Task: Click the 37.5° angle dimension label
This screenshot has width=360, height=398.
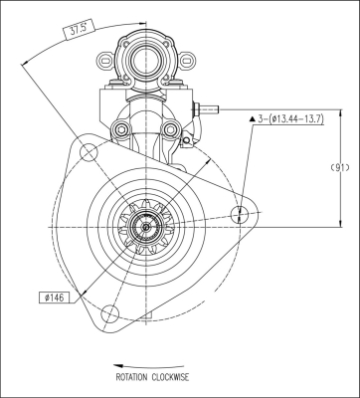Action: tap(79, 30)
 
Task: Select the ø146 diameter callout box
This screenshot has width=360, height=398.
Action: tap(55, 298)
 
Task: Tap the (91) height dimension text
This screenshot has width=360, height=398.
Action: tap(340, 168)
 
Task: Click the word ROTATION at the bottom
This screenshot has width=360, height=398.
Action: tap(131, 377)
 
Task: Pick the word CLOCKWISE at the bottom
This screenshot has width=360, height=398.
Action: tap(170, 377)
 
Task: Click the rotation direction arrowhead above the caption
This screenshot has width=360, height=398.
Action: tap(118, 366)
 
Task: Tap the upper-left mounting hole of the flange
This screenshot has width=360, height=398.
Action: tap(89, 152)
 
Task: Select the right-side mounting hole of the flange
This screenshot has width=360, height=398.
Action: tap(240, 214)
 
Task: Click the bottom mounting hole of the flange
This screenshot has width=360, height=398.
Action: tap(110, 313)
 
